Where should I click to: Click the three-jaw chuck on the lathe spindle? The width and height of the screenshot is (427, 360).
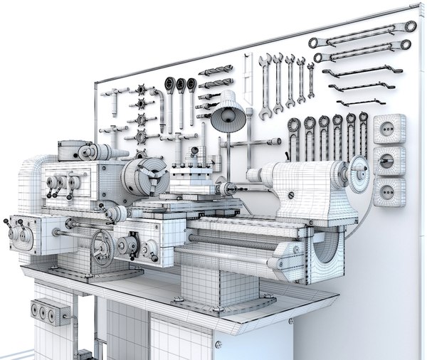(x=145, y=176)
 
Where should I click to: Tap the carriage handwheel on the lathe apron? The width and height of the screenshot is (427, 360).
(x=104, y=248)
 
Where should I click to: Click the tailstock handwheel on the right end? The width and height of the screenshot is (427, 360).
(x=359, y=171)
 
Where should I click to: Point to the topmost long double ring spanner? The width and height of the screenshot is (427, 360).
(x=363, y=34)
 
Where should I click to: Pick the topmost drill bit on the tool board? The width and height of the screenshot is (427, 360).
(x=215, y=71)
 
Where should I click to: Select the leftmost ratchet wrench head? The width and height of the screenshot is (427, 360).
(x=170, y=85)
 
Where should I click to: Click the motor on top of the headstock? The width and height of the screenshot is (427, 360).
(x=82, y=152)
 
